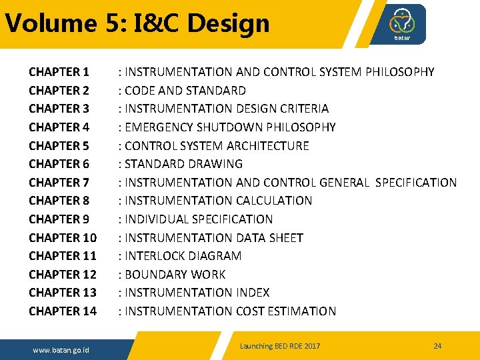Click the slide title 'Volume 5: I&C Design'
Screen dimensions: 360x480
pyautogui.click(x=137, y=23)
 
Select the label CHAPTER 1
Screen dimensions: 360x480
pyautogui.click(x=59, y=71)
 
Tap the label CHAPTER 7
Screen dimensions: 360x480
pyautogui.click(x=59, y=182)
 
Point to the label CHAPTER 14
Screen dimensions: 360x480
pyautogui.click(x=63, y=311)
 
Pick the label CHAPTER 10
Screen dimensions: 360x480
pyautogui.click(x=63, y=237)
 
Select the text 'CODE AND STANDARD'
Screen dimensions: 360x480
pyautogui.click(x=185, y=90)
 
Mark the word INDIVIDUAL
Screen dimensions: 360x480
pyautogui.click(x=157, y=219)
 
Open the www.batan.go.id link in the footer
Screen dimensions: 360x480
pyautogui.click(x=61, y=350)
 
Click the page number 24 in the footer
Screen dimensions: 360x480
pyautogui.click(x=437, y=346)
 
